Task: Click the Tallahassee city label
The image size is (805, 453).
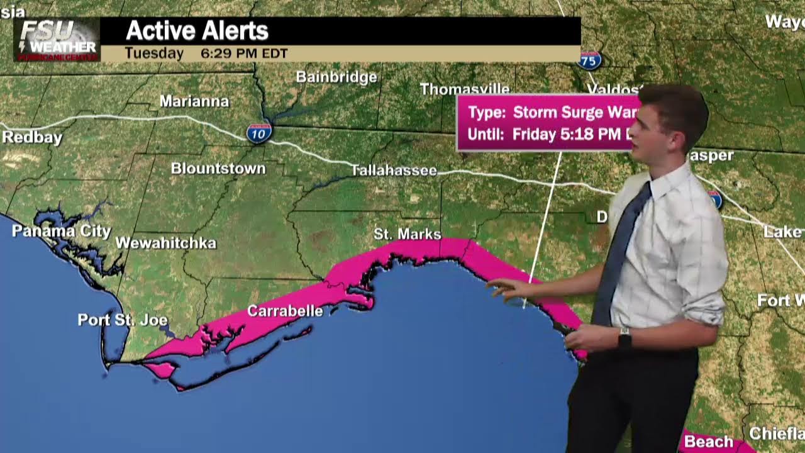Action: (x=393, y=171)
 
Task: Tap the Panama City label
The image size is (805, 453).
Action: (x=61, y=232)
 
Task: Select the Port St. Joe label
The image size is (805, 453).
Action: (x=123, y=320)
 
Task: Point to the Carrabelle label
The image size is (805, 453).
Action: (x=285, y=311)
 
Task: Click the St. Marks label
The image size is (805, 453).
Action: (x=407, y=234)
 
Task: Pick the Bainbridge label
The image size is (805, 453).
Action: (x=336, y=77)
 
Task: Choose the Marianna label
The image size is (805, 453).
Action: (x=194, y=101)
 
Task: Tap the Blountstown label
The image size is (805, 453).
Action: (x=218, y=169)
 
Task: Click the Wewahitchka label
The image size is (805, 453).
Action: (x=166, y=243)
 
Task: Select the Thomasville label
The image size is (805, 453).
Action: (x=464, y=89)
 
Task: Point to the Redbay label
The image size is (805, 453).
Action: (x=32, y=138)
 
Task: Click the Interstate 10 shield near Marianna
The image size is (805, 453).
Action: (x=259, y=133)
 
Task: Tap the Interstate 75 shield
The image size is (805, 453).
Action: (x=590, y=60)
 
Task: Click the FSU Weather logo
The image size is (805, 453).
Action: (x=57, y=39)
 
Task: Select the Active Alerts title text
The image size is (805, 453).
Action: (x=197, y=31)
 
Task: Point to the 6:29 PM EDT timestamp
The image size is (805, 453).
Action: (x=244, y=53)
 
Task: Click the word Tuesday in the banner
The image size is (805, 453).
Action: (x=154, y=53)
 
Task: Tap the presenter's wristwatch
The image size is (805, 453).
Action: (x=625, y=338)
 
